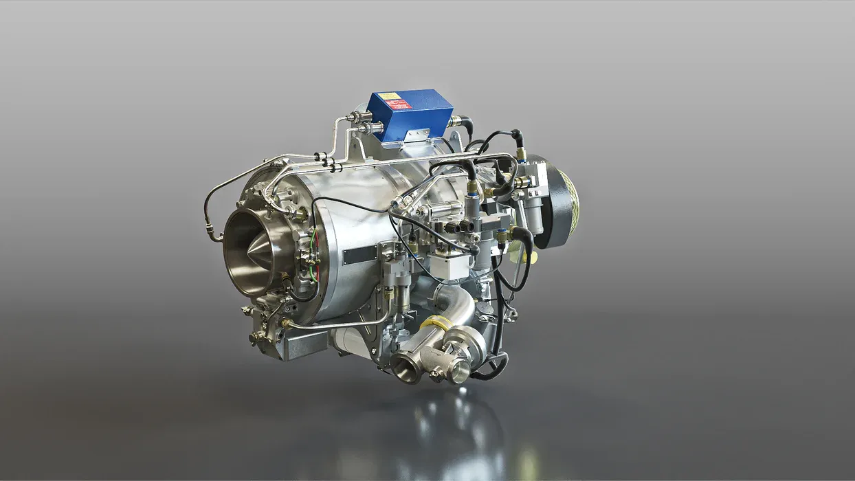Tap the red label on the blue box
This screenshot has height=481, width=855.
(399, 104)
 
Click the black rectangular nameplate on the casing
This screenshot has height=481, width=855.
(359, 255)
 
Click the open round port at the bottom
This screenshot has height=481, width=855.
(406, 369)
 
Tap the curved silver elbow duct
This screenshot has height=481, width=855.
(454, 306)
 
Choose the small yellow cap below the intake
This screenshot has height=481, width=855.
(530, 257)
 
